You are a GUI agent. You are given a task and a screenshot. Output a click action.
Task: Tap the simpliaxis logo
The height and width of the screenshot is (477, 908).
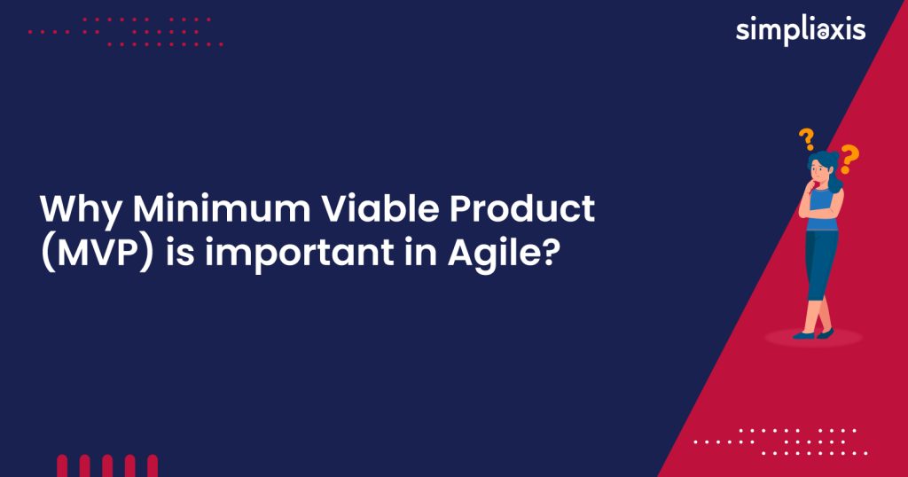click(800, 30)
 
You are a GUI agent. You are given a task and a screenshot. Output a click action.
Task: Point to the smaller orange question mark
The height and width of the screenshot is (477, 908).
click(806, 138)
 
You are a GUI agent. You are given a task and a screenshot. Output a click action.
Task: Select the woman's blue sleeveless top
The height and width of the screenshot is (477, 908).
click(820, 210)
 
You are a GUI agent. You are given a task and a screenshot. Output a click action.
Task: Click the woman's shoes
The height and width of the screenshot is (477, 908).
click(813, 334)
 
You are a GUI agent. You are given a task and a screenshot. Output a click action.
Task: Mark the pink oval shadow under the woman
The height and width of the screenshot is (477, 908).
click(813, 338)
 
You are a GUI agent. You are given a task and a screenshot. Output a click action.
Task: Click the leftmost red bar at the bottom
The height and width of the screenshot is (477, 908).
click(62, 466)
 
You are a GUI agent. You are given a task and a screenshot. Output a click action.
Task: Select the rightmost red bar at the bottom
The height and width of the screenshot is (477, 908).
click(153, 466)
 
